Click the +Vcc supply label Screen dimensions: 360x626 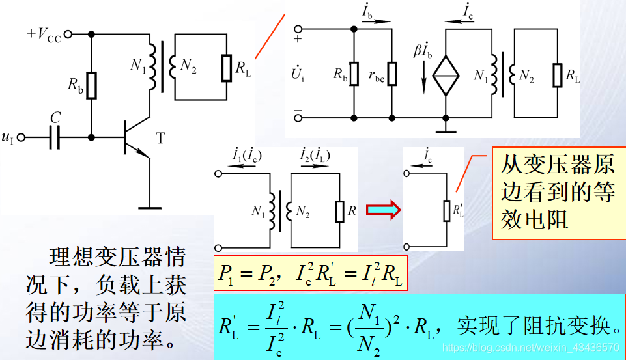[44, 35]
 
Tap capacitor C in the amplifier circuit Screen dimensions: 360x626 [56, 137]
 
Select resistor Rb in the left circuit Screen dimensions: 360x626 [91, 84]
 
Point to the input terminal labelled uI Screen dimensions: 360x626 [8, 137]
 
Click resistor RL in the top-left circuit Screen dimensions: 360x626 [226, 68]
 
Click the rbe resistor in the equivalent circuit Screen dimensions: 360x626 [392, 74]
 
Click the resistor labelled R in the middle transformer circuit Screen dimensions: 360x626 [340, 210]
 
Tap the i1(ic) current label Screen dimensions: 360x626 [248, 156]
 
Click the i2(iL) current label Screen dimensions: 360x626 [315, 156]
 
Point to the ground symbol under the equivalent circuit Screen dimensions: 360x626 [446, 127]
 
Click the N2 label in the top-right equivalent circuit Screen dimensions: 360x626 [526, 76]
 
